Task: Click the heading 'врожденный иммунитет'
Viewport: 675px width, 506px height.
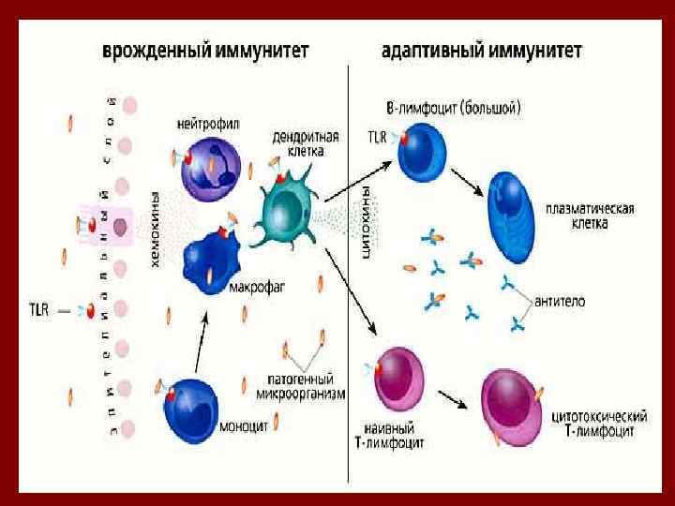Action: tap(206, 47)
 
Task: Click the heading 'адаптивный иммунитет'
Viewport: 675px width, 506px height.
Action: tap(483, 47)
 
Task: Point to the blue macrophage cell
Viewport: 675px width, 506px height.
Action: tap(211, 260)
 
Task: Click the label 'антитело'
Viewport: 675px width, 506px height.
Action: tap(560, 301)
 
